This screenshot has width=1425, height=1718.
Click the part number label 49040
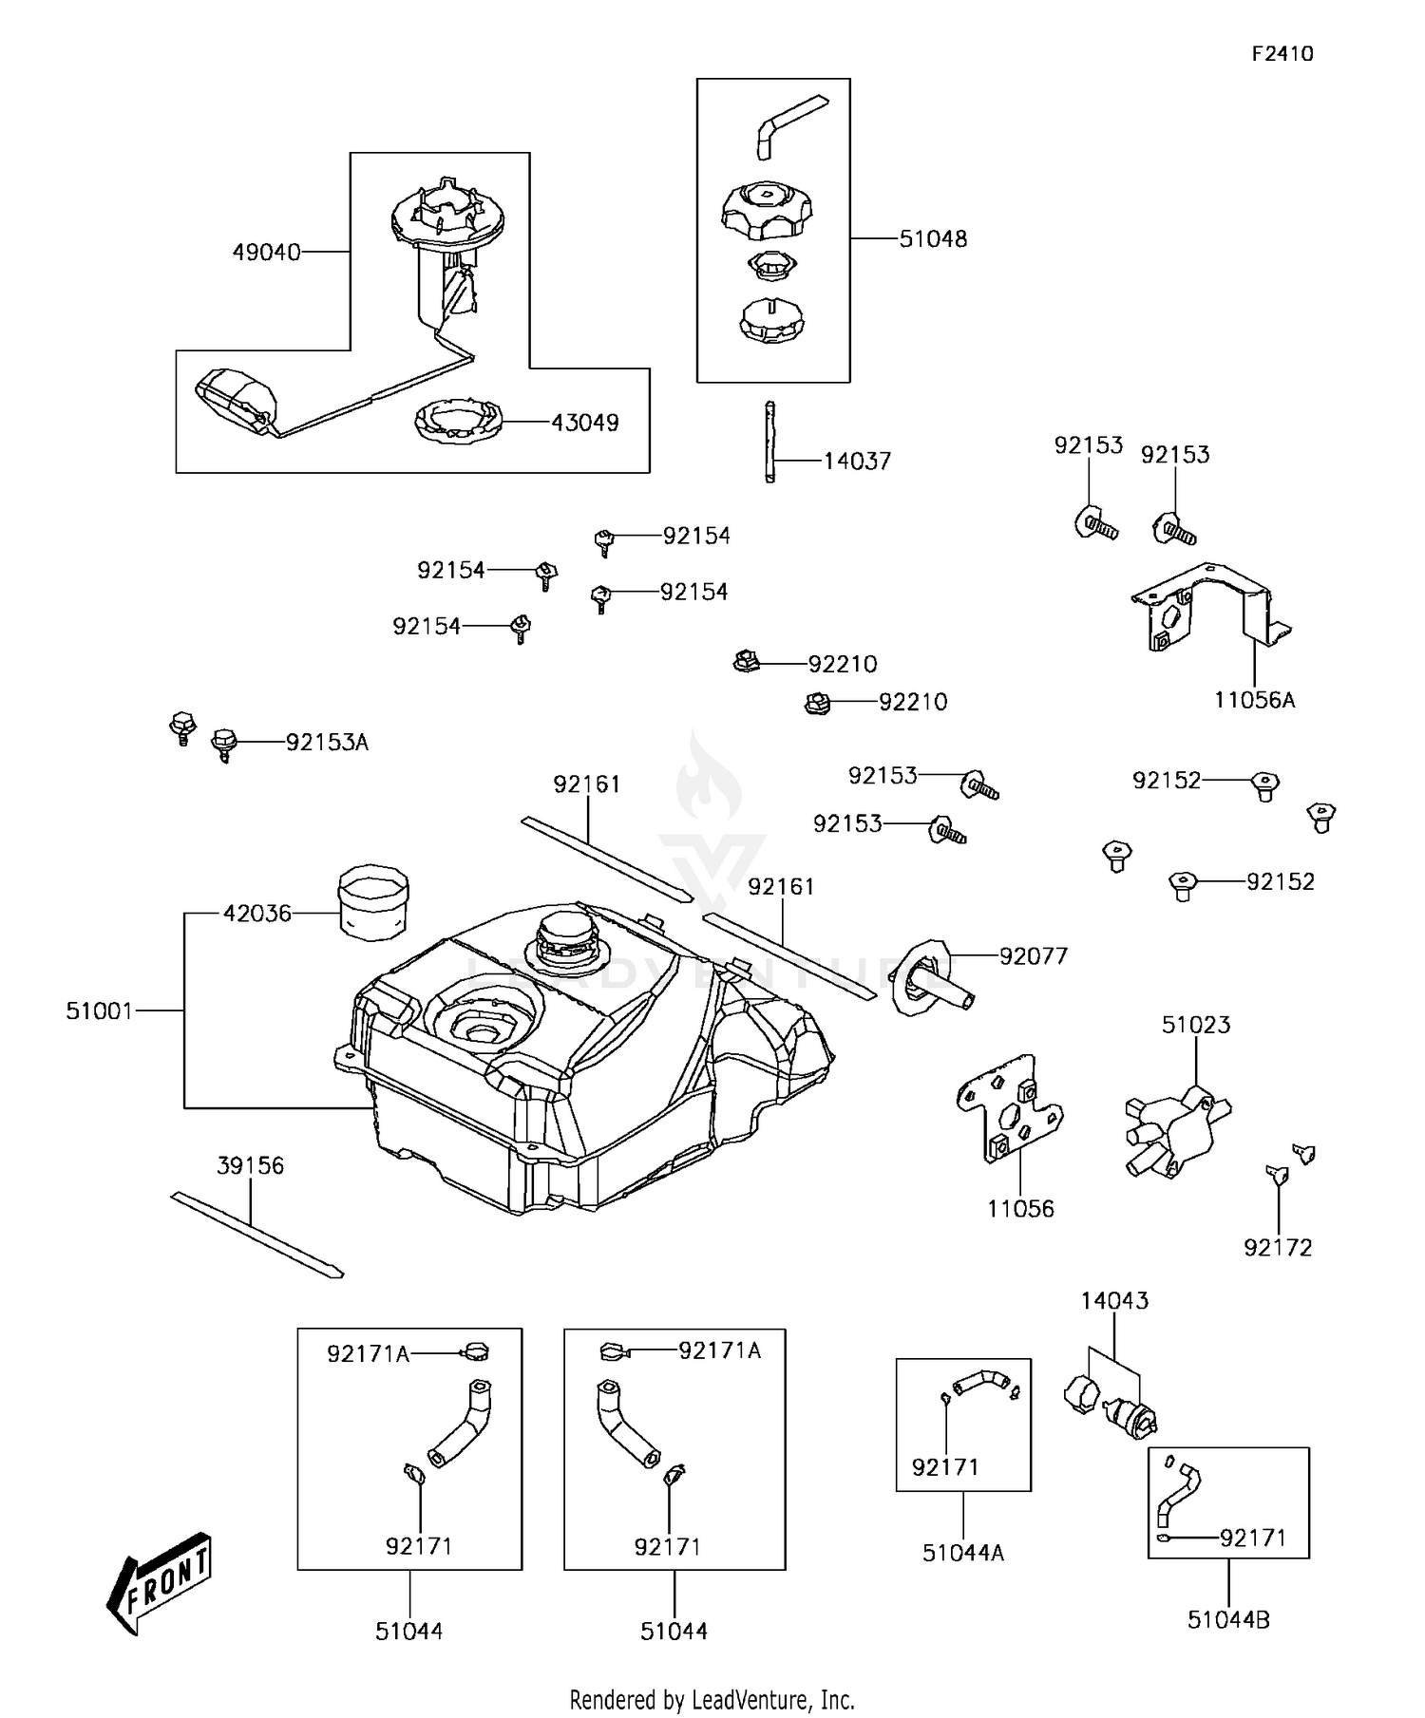[266, 253]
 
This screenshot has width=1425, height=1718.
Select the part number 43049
[585, 423]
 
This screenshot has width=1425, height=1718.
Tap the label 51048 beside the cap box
[933, 239]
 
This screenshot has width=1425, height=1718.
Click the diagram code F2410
[1282, 54]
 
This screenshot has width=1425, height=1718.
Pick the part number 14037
[857, 462]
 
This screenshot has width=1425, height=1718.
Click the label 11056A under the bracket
[1254, 701]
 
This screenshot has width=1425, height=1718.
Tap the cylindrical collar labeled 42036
[373, 901]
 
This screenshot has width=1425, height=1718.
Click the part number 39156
[250, 1165]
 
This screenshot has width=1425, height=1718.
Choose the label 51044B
[1228, 1620]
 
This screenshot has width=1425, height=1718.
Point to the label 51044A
[962, 1553]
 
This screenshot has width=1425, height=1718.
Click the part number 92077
[1034, 956]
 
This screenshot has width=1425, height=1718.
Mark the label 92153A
[327, 743]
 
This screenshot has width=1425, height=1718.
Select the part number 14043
[1114, 1300]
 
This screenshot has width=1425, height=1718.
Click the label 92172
[1278, 1248]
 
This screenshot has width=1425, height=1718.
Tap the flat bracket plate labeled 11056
[1009, 1106]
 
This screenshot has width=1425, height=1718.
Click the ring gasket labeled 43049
[458, 421]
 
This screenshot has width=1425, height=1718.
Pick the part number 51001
[99, 1011]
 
